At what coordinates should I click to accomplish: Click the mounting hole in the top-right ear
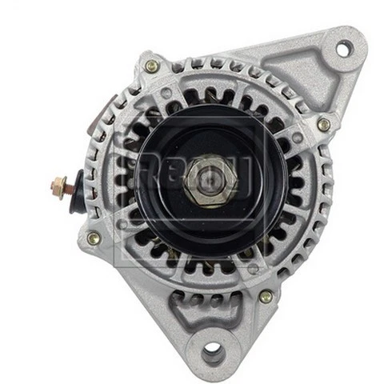click(x=342, y=50)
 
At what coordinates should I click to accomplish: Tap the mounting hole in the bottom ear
click(x=212, y=350)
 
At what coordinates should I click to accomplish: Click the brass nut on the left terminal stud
click(x=59, y=186)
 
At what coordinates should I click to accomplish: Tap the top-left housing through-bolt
click(x=150, y=66)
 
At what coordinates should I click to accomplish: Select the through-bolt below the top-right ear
click(x=323, y=124)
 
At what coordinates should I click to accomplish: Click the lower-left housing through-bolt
click(x=94, y=238)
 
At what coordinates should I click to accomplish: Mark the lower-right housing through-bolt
click(x=266, y=296)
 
